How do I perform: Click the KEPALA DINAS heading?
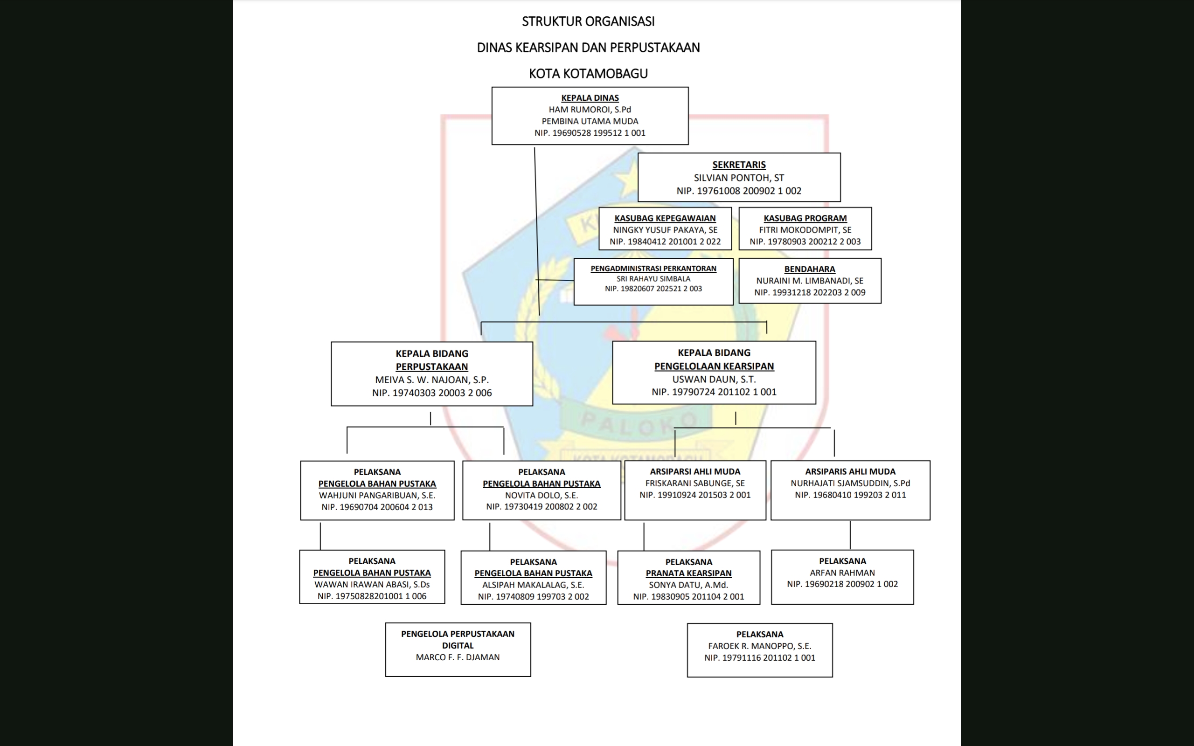590,98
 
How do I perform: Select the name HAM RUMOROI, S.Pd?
590,110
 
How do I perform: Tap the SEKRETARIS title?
739,165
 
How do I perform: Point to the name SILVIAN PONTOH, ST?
739,178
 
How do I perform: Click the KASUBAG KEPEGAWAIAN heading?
665,218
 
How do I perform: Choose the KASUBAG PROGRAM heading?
805,218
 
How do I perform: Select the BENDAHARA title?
810,269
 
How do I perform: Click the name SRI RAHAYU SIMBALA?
653,279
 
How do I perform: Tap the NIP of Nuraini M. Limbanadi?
810,292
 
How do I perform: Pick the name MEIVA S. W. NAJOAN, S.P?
432,380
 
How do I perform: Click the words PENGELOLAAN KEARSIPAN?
714,366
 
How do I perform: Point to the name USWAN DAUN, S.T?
714,380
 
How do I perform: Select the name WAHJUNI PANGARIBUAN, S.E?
377,495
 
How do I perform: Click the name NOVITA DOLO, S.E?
541,495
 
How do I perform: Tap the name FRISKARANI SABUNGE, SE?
694,484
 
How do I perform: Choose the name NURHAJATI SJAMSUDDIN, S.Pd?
850,484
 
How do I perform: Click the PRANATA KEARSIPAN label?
688,573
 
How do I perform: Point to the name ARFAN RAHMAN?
842,573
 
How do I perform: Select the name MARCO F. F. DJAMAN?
458,657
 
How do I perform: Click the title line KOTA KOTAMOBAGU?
588,74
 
